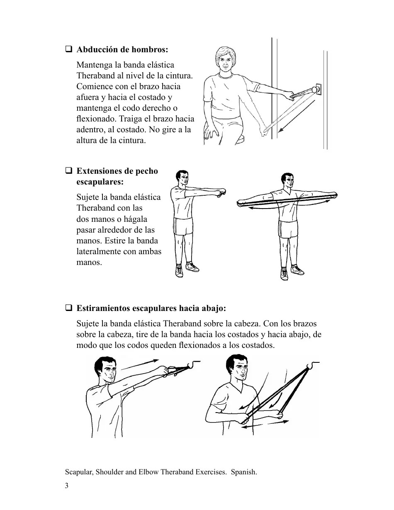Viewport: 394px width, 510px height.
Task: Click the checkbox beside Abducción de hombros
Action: (x=68, y=50)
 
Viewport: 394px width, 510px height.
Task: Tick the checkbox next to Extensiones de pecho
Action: (x=68, y=171)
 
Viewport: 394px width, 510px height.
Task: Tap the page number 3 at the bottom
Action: (x=67, y=486)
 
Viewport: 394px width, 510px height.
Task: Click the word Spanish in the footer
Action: (x=244, y=472)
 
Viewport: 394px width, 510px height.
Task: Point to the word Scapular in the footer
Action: (x=78, y=472)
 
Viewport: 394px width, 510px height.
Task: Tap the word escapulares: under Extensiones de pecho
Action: (x=100, y=182)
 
